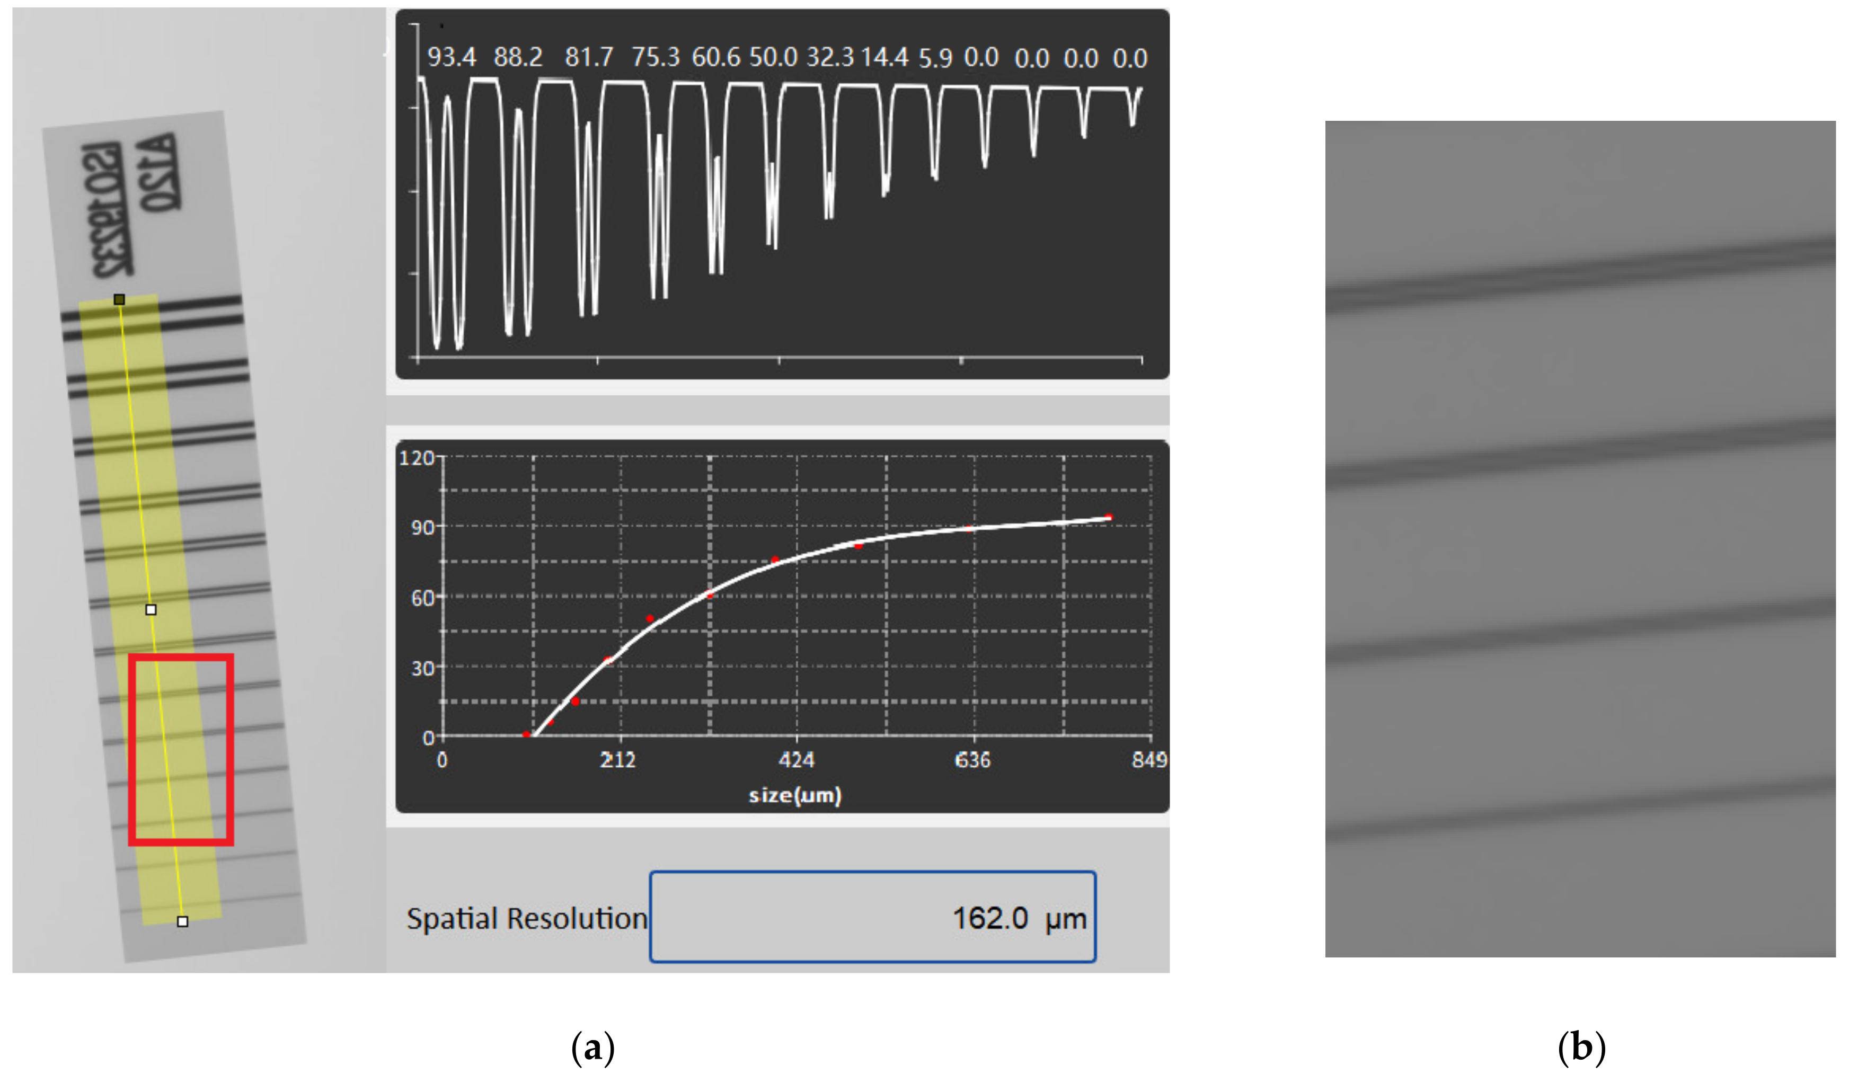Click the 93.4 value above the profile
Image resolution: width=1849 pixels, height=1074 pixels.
coord(451,57)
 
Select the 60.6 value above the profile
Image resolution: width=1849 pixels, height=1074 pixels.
coord(715,57)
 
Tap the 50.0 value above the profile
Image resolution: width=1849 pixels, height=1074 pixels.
coord(773,57)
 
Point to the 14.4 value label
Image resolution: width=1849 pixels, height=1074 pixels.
coord(884,57)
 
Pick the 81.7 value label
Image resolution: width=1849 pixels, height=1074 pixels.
coord(588,57)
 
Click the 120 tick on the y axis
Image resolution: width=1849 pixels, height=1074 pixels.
coord(417,458)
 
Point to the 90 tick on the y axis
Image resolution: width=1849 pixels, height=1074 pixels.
coord(422,528)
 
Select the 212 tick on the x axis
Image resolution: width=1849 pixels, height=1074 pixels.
coord(618,760)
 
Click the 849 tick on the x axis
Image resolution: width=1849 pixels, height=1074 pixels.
coord(1149,760)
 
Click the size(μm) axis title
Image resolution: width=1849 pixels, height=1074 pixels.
coord(794,795)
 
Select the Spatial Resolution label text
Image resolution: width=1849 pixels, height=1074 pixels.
coord(527,918)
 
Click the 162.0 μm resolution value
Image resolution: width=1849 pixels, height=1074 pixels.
coord(1019,918)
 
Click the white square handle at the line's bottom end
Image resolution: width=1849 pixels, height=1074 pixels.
coord(183,921)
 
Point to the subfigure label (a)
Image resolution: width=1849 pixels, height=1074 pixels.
coord(592,1047)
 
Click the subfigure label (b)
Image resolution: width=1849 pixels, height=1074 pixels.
coord(1581,1047)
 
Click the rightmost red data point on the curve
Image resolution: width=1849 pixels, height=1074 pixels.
coord(1109,517)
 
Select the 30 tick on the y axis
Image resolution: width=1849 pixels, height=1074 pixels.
coord(422,668)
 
